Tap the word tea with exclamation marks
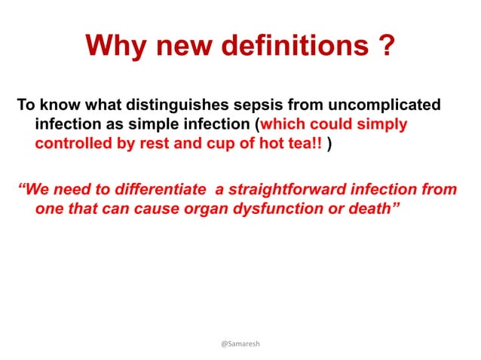point(305,144)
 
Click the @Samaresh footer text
point(240,343)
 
